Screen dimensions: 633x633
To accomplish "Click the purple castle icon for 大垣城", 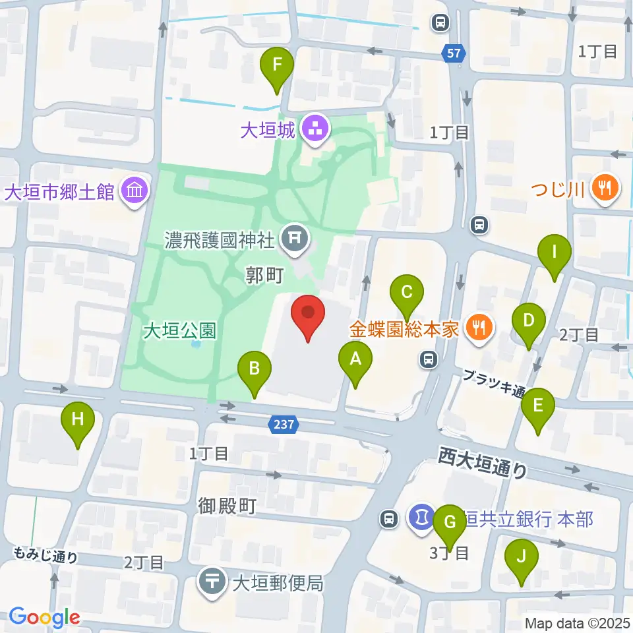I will point(313,129).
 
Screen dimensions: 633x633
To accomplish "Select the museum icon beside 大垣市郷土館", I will point(135,192).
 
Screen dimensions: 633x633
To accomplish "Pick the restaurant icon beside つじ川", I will point(604,189).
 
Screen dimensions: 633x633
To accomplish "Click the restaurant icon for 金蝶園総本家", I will point(479,328).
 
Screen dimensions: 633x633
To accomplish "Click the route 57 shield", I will point(455,53).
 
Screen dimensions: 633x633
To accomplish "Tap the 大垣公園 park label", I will point(179,330).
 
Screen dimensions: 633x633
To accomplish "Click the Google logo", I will point(44,617).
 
